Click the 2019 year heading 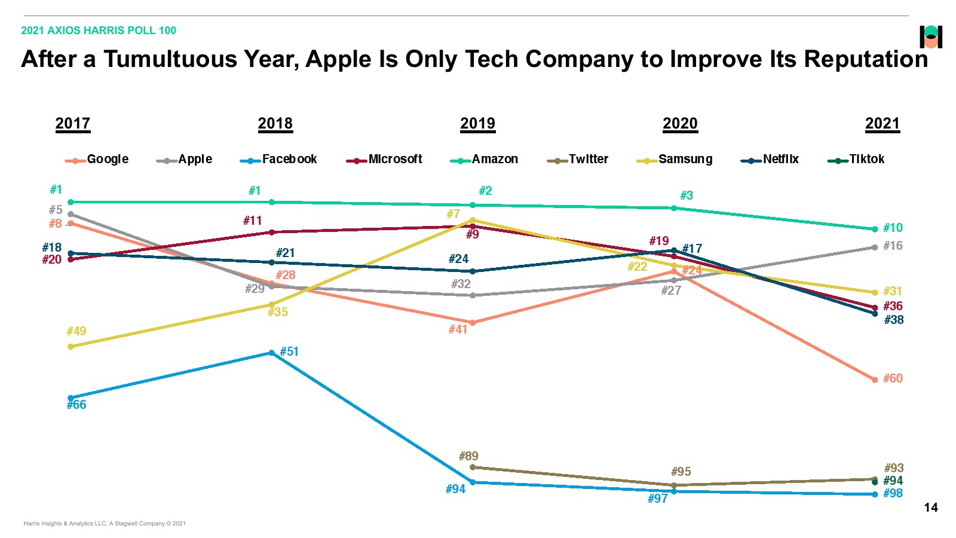pyautogui.click(x=477, y=124)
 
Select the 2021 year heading pyautogui.click(x=882, y=124)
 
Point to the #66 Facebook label pyautogui.click(x=76, y=405)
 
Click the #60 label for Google pyautogui.click(x=893, y=379)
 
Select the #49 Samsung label pyautogui.click(x=76, y=332)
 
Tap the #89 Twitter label pyautogui.click(x=468, y=457)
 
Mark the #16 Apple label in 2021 pyautogui.click(x=893, y=246)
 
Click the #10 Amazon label pyautogui.click(x=893, y=228)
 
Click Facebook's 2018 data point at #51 pyautogui.click(x=272, y=353)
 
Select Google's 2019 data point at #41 pyautogui.click(x=473, y=323)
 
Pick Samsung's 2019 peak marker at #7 pyautogui.click(x=473, y=220)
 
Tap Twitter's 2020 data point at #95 pyautogui.click(x=674, y=485)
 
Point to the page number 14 pyautogui.click(x=931, y=508)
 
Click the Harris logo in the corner pyautogui.click(x=930, y=37)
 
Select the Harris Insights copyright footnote pyautogui.click(x=105, y=524)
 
